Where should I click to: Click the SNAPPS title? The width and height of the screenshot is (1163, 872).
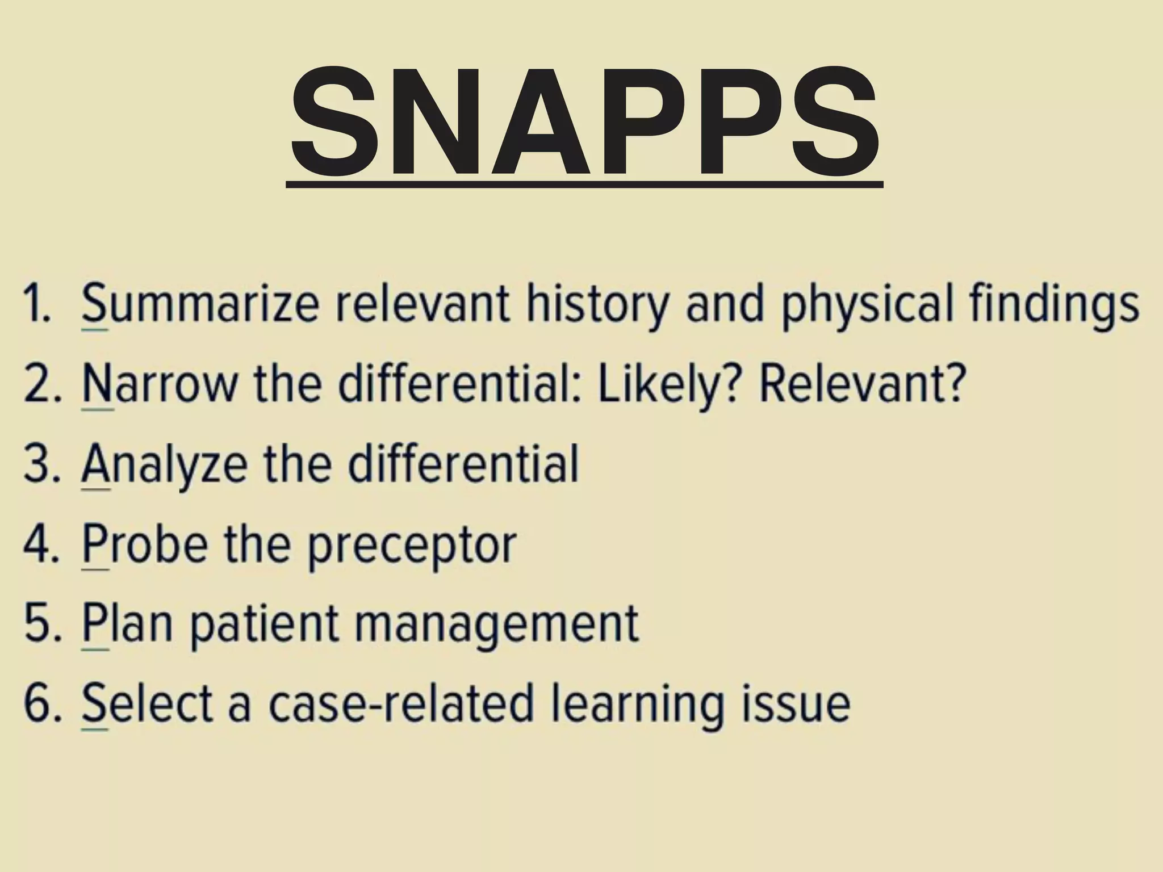(585, 122)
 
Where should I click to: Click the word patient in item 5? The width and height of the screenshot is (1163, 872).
(264, 624)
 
